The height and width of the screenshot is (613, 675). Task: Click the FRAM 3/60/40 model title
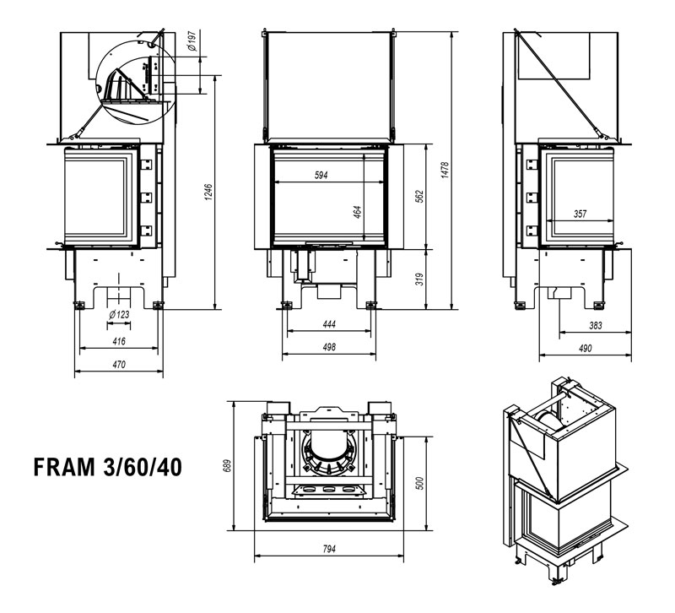coord(106,467)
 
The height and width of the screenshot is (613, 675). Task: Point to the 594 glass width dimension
coord(321,175)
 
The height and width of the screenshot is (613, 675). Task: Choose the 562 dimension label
coord(419,196)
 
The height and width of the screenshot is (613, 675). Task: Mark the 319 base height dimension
coord(419,279)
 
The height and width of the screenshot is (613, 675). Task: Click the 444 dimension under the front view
coord(329,323)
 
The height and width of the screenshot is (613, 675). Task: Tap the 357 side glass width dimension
coord(580,214)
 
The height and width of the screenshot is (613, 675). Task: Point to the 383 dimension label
coord(594,324)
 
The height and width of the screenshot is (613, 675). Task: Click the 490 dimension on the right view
coord(585,348)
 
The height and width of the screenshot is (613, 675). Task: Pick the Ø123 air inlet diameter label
coord(119,315)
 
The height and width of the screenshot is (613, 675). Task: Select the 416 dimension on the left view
coord(118,341)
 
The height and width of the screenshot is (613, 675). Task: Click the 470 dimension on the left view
coord(119,365)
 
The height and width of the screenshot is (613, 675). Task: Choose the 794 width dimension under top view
coord(329,549)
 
